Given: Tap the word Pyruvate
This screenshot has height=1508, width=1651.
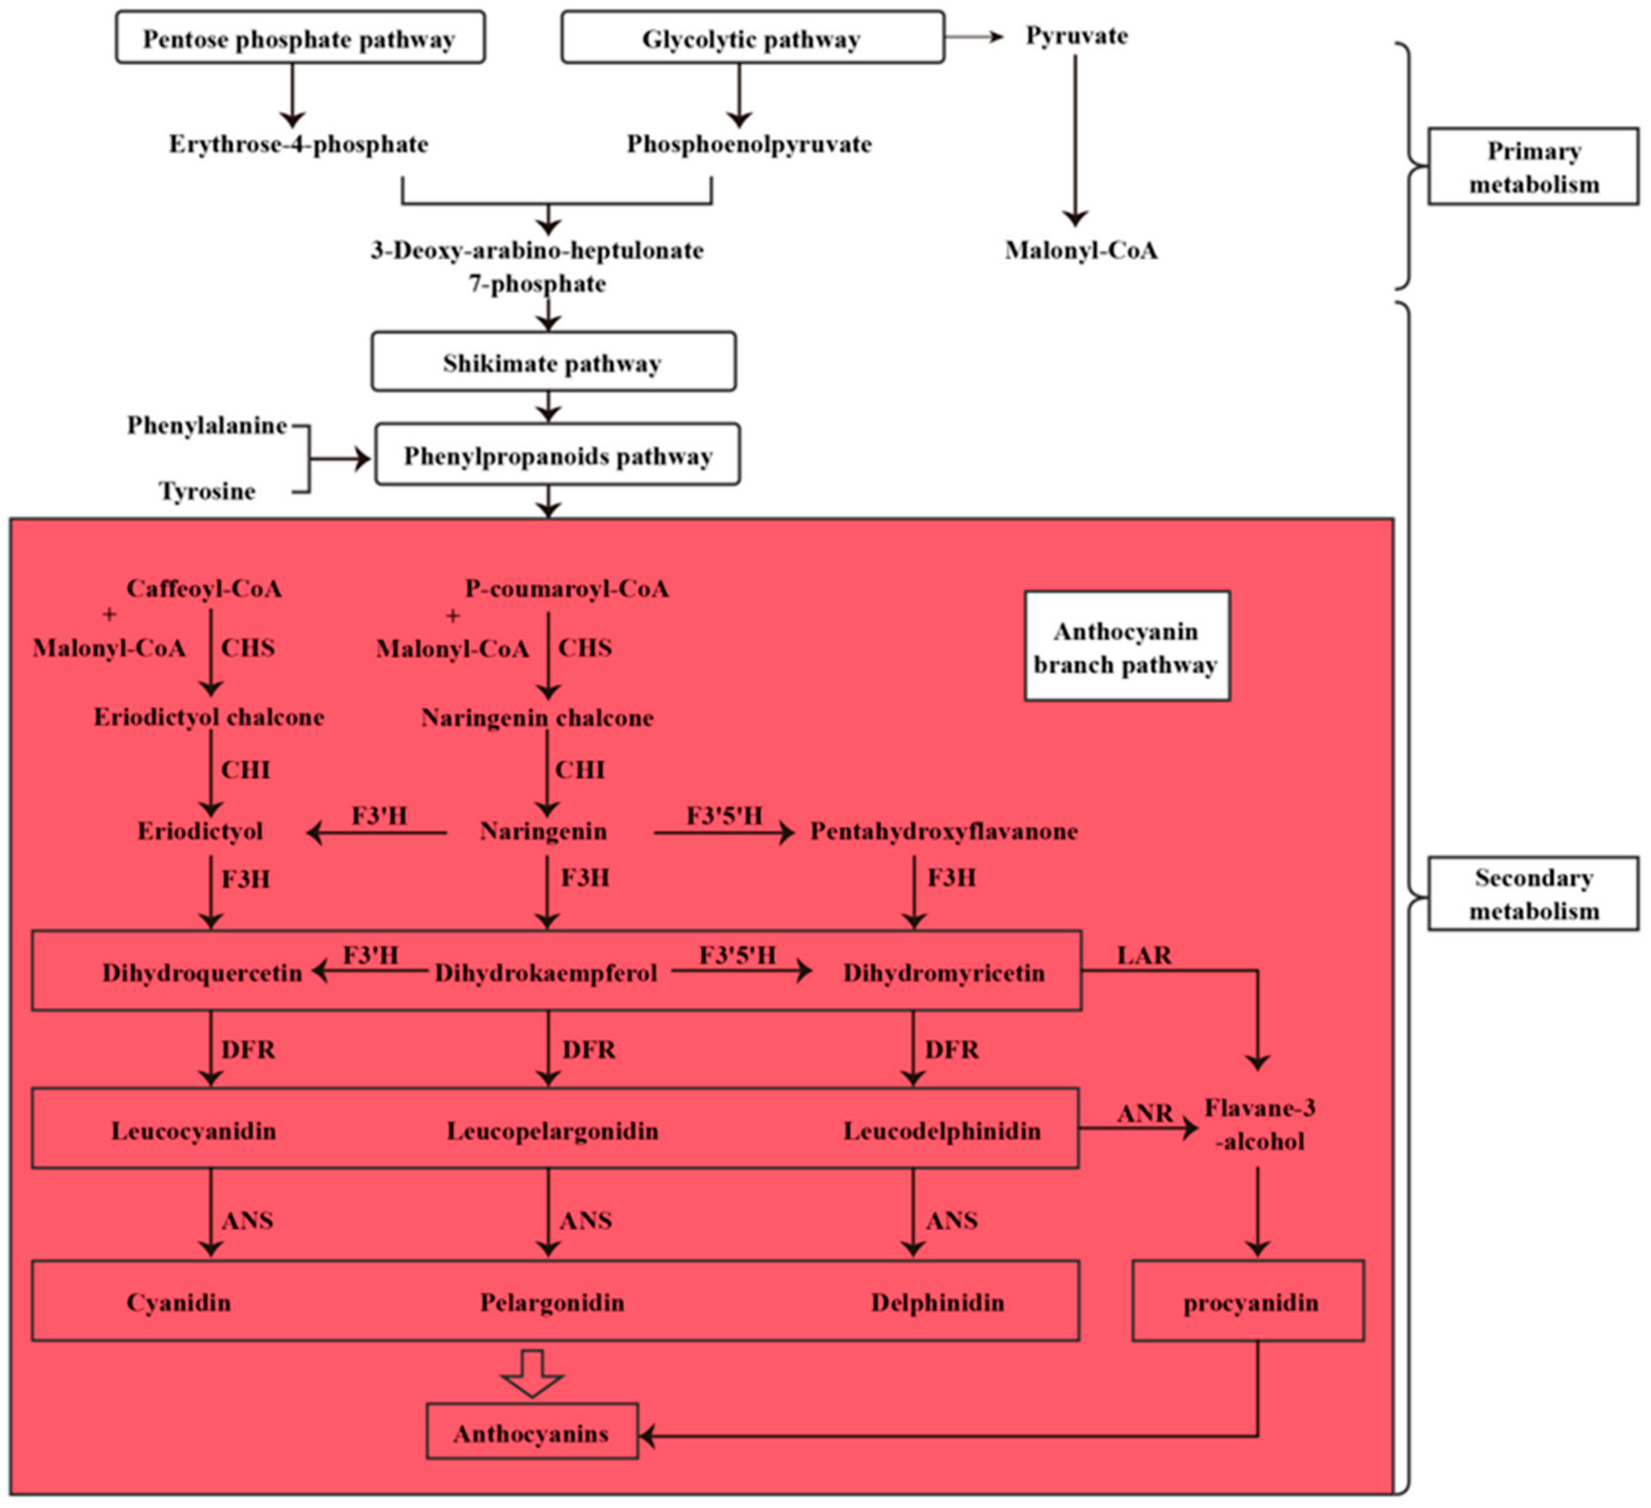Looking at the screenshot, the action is coord(1076,36).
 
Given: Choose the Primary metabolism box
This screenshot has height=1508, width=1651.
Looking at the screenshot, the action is coord(1533,166).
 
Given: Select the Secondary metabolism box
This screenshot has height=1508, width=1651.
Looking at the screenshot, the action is coord(1533,893).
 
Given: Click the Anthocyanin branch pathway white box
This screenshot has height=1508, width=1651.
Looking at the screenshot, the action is coord(1127,646).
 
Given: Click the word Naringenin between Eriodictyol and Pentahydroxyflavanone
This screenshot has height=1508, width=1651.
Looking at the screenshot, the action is coord(543,832).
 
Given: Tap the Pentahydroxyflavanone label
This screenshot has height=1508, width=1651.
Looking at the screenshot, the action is coord(943,832).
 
